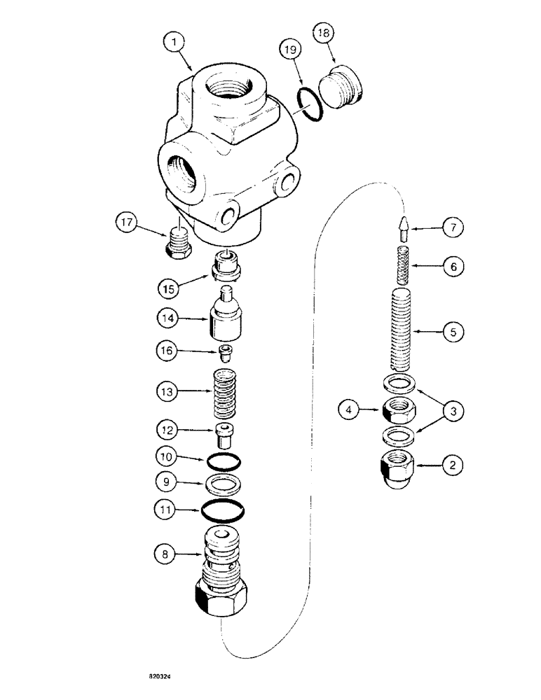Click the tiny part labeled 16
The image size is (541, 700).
pos(225,351)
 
